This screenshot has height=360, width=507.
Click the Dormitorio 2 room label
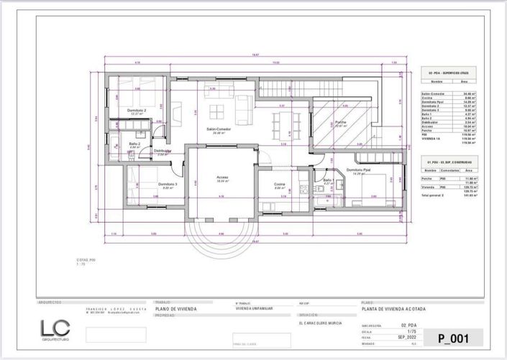(139, 111)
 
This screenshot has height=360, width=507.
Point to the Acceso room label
(222, 177)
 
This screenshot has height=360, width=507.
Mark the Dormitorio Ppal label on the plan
(367, 171)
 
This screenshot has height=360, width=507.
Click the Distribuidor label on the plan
(162, 151)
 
